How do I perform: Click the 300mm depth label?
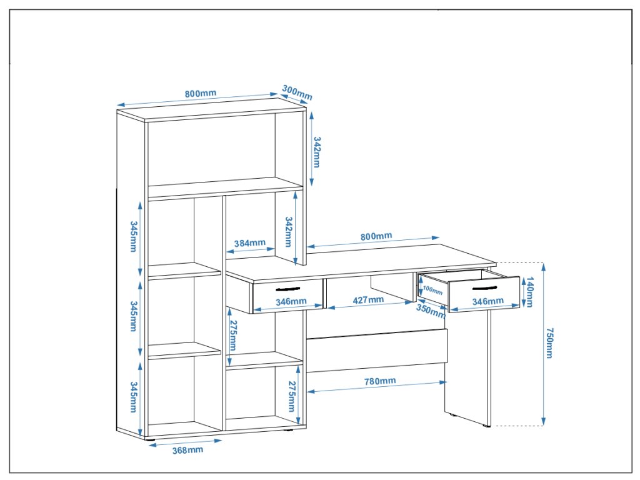tap(296, 92)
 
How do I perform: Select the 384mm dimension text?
tap(250, 243)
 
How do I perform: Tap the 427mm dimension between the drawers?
tap(368, 300)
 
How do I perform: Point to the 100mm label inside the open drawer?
tap(432, 290)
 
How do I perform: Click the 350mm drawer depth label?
tap(430, 311)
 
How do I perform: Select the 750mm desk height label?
tap(549, 342)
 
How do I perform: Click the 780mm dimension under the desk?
tap(379, 381)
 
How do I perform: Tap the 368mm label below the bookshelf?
tap(187, 449)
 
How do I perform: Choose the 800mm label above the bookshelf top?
tap(200, 94)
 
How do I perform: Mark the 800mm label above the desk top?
tap(376, 236)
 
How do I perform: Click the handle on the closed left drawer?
tap(287, 289)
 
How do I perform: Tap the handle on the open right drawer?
tap(484, 288)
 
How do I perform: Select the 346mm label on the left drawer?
tap(291, 301)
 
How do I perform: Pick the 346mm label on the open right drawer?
tap(487, 301)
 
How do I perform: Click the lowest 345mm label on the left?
tap(134, 397)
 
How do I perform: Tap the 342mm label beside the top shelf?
tap(317, 152)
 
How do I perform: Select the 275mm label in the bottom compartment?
tap(292, 396)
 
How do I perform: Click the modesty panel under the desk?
tap(377, 350)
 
